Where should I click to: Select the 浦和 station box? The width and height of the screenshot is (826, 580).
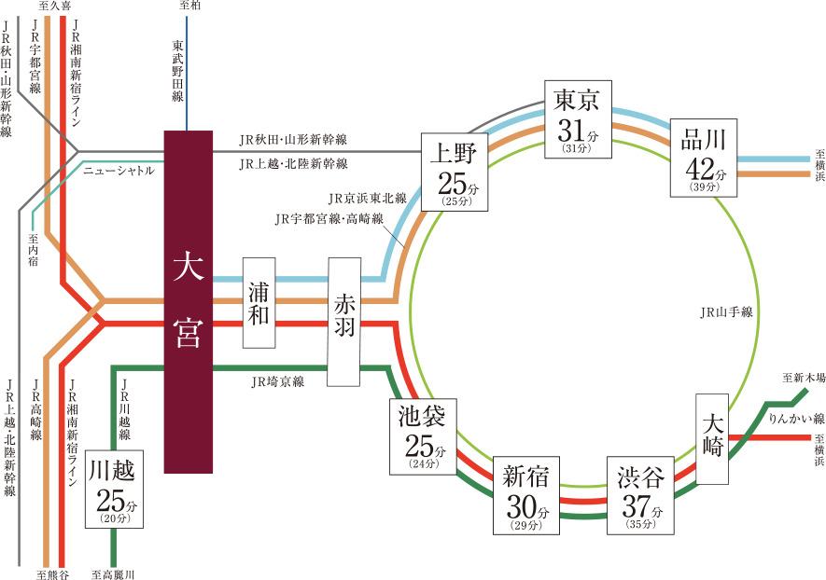(260, 301)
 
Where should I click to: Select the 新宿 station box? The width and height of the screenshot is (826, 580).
(526, 494)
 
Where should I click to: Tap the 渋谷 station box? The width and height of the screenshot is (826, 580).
(640, 495)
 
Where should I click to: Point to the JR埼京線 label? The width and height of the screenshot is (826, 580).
(277, 382)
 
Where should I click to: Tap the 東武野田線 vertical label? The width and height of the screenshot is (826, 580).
(177, 71)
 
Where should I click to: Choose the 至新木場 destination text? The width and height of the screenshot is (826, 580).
(804, 378)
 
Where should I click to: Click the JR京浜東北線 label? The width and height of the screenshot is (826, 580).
(367, 199)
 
